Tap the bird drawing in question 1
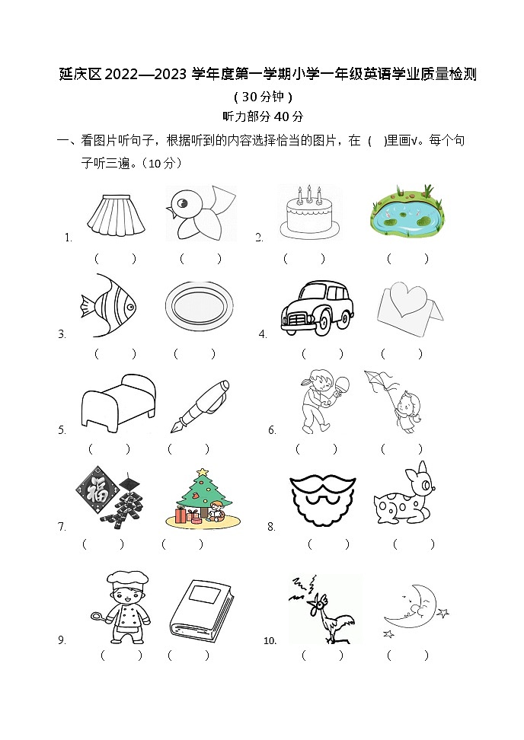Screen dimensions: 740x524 pos(200,214)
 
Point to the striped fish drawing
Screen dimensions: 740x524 pos(108,308)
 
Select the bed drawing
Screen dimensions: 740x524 pos(117,401)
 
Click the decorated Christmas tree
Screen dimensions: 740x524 pos(199,498)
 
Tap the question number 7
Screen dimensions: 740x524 pos(62,526)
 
